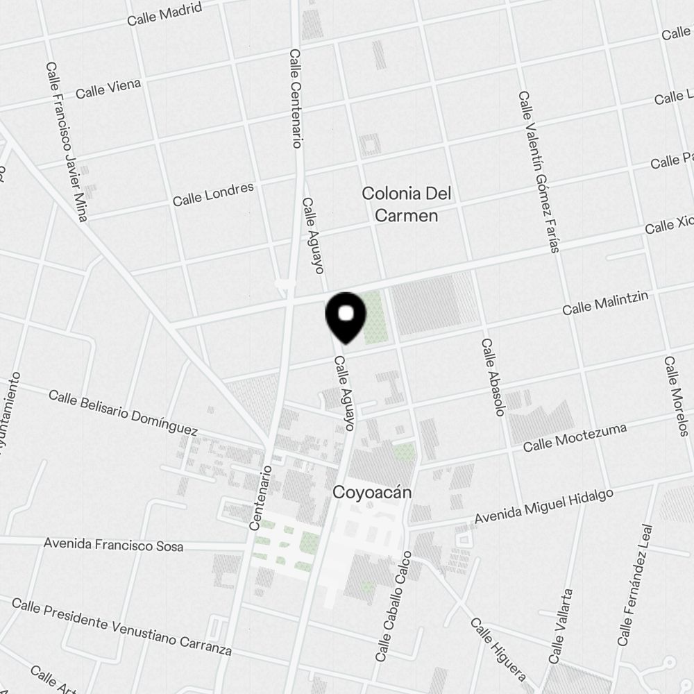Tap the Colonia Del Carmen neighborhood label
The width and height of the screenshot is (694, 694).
coord(406,204)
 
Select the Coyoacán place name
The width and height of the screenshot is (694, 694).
coord(373,493)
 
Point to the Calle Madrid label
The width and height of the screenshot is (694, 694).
coord(164,14)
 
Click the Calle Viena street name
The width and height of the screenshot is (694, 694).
coord(108,88)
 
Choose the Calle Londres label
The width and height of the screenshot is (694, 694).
coord(213,194)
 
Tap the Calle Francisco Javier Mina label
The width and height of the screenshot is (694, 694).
coord(67,142)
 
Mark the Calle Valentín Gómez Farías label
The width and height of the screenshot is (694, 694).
coord(539,171)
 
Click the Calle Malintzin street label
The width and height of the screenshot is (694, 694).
coord(605,303)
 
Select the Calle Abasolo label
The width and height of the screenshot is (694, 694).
coord(491,377)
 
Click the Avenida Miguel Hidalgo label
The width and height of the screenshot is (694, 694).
coord(544,507)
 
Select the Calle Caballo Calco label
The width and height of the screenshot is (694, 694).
coord(393,605)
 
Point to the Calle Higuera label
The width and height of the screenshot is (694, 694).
coord(498,649)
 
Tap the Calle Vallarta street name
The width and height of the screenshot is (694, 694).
coord(561,626)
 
